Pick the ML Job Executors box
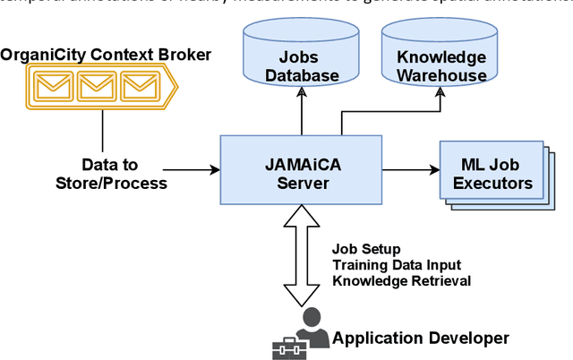click(491, 174)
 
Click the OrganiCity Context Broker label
click(106, 56)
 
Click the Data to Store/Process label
click(111, 175)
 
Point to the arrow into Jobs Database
click(302, 112)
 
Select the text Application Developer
click(420, 339)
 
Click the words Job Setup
click(366, 248)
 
